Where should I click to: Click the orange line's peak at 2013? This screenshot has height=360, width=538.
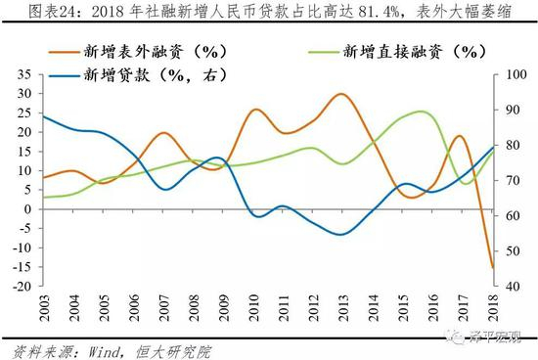pos(341,94)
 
